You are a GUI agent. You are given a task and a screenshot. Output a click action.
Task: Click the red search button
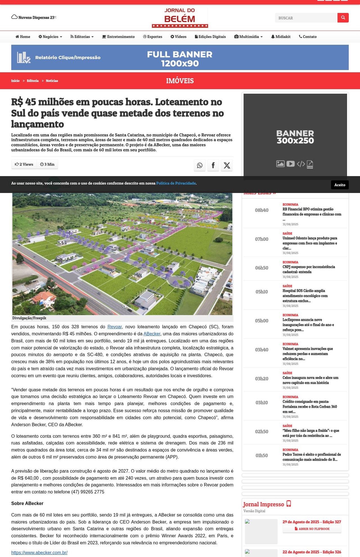pyautogui.click(x=343, y=18)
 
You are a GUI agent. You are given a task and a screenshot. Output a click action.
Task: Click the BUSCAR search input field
pyautogui.click(x=306, y=18)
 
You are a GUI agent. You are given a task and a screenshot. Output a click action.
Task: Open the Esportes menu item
pyautogui.click(x=153, y=37)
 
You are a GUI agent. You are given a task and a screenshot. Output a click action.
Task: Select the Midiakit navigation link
pyautogui.click(x=281, y=37)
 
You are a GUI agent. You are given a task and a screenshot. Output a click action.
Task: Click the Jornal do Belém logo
pyautogui.click(x=180, y=17)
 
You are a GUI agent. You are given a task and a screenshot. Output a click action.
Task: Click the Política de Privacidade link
pyautogui.click(x=176, y=183)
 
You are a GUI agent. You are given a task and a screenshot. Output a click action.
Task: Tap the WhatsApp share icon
pyautogui.click(x=200, y=165)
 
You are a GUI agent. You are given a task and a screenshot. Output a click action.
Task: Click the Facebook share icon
pyautogui.click(x=213, y=165)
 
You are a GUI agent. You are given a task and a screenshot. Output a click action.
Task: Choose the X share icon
pyautogui.click(x=227, y=165)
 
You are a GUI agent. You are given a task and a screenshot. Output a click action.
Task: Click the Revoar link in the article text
pyautogui.click(x=114, y=327)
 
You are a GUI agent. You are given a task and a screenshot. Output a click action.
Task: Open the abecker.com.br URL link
pyautogui.click(x=39, y=552)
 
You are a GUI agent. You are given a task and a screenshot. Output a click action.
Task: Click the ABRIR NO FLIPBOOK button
pyautogui.click(x=312, y=529)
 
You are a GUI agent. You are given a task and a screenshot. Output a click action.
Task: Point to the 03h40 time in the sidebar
pyautogui.click(x=262, y=350)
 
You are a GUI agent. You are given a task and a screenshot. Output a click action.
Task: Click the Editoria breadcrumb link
pyautogui.click(x=33, y=81)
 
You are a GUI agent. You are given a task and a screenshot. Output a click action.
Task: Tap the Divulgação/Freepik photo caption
pyautogui.click(x=29, y=318)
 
